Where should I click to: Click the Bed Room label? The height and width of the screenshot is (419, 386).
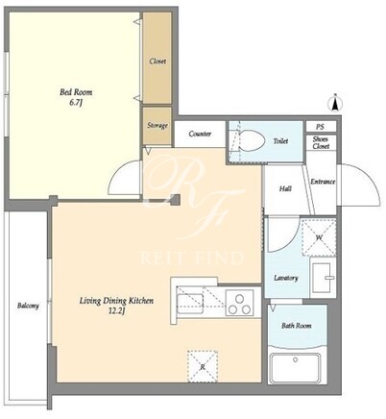click(x=76, y=92)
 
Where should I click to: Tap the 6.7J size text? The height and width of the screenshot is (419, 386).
click(x=76, y=103)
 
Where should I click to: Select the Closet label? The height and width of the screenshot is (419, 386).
click(x=157, y=61)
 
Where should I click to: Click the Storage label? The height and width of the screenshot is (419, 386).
click(x=157, y=126)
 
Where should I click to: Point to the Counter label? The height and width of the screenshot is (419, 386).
click(x=200, y=134)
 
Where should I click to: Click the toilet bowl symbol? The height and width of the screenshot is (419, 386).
click(x=252, y=140)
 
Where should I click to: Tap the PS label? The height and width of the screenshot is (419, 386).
click(x=320, y=127)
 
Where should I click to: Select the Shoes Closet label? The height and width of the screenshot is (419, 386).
click(x=321, y=143)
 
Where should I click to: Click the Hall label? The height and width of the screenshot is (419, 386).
click(x=285, y=189)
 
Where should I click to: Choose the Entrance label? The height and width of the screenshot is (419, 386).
click(x=323, y=182)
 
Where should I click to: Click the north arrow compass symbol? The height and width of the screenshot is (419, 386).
click(x=335, y=103)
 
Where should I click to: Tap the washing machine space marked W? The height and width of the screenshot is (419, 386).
click(x=319, y=237)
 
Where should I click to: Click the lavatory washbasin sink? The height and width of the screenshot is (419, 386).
click(x=323, y=278)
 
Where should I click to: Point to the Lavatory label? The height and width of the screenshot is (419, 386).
click(x=286, y=278)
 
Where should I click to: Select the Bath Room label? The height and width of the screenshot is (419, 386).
click(x=297, y=326)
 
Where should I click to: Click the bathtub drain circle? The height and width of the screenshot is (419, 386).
click(x=295, y=359)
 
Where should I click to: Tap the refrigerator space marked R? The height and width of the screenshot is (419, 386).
click(x=203, y=366)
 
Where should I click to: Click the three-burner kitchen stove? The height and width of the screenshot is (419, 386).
click(x=240, y=303)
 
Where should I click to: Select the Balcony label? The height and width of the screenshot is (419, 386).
click(x=28, y=306)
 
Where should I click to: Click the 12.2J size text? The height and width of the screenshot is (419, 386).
click(x=116, y=310)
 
